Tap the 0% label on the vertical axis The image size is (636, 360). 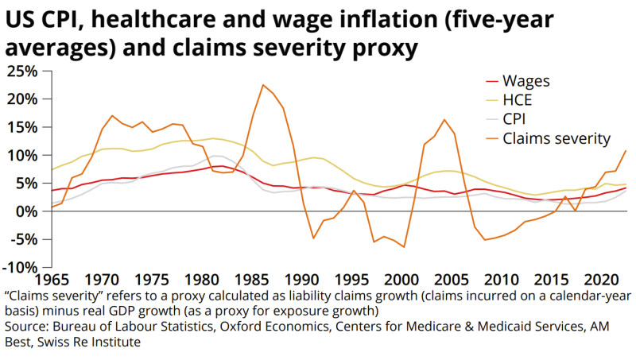pyautogui.click(x=27, y=211)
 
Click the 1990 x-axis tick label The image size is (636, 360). pyautogui.click(x=303, y=280)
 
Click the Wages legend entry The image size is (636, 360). pyautogui.click(x=527, y=81)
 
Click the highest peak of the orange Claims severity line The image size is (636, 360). pyautogui.click(x=263, y=84)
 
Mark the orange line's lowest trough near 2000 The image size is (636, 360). pyautogui.click(x=404, y=247)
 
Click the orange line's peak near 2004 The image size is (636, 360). pyautogui.click(x=444, y=120)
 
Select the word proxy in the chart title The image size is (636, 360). pyautogui.click(x=378, y=47)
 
